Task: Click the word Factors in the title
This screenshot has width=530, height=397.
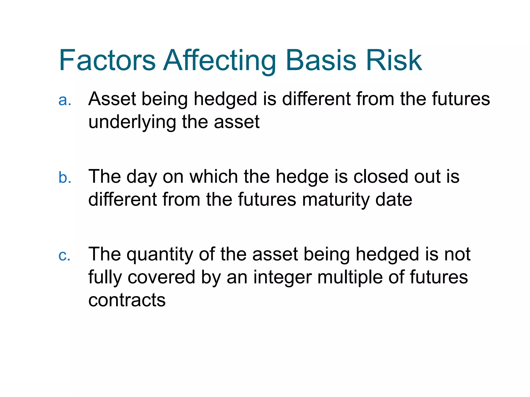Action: click(107, 60)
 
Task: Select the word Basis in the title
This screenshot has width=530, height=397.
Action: click(321, 60)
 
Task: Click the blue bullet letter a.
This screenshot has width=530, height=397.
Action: click(64, 100)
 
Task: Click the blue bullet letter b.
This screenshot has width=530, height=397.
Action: click(65, 178)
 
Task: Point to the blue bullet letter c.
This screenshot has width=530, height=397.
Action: click(64, 255)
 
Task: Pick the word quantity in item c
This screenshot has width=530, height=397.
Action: click(160, 255)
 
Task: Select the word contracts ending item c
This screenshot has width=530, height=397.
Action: click(127, 300)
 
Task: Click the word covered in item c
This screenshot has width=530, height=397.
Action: click(161, 277)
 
